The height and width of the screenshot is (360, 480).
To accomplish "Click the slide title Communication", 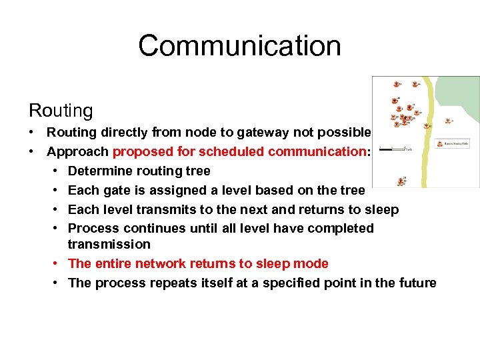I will pos(239,46).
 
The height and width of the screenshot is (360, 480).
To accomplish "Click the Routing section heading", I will pos(61,110).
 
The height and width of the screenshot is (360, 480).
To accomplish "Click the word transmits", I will pos(168,209).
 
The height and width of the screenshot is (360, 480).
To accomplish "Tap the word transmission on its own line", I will pos(109,244).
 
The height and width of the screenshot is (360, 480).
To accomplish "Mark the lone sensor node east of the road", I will pos(448,121).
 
